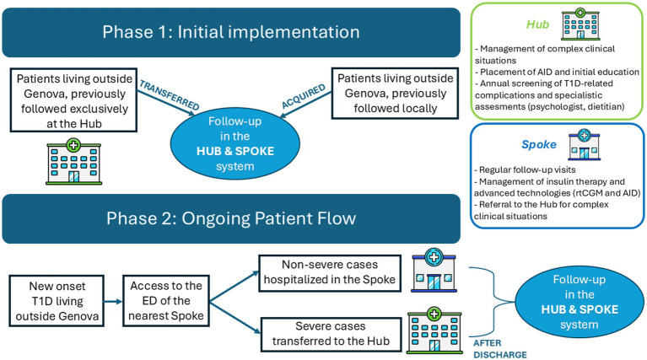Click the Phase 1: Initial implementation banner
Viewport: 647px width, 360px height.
[231, 32]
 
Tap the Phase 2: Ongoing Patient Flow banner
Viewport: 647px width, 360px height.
[231, 218]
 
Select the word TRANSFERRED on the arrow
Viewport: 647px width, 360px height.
[170, 95]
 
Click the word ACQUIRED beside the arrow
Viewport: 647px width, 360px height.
[304, 96]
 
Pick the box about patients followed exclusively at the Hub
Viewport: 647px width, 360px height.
[74, 100]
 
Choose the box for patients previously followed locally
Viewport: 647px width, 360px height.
[396, 94]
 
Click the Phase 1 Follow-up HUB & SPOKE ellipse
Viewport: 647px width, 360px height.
[235, 143]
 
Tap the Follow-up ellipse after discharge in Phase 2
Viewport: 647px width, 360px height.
[580, 302]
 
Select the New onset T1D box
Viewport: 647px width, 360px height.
[57, 301]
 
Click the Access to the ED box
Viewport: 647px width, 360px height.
[166, 301]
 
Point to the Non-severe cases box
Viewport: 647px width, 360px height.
[330, 273]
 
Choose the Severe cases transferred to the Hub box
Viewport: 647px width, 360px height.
[331, 334]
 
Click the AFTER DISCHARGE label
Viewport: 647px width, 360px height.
[499, 349]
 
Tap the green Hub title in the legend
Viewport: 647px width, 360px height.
[537, 24]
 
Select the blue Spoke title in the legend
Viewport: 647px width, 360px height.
[539, 145]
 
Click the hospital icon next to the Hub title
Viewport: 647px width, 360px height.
[580, 24]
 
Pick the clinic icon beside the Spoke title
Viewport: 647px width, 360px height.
[585, 145]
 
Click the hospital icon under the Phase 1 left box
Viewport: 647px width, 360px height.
[74, 162]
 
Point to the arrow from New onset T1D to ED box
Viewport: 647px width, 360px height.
[113, 302]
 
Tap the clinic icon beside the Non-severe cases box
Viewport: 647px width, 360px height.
[434, 270]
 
